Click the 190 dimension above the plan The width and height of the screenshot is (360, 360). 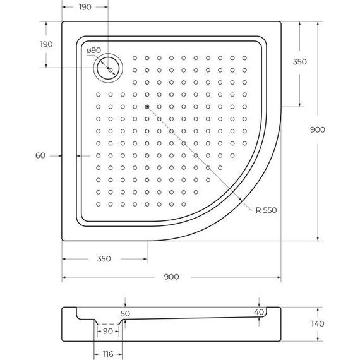[85, 7]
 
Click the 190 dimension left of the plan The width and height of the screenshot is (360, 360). [46, 44]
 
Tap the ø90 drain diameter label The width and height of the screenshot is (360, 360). [93, 51]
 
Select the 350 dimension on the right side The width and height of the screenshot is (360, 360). [299, 62]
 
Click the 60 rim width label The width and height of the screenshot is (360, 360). [40, 155]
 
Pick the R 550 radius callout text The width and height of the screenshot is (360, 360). [263, 210]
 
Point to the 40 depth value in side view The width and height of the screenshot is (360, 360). [258, 312]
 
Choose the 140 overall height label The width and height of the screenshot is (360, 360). [318, 324]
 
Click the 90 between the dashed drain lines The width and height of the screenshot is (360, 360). [107, 330]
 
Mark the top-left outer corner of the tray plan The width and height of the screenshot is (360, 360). [63, 22]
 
